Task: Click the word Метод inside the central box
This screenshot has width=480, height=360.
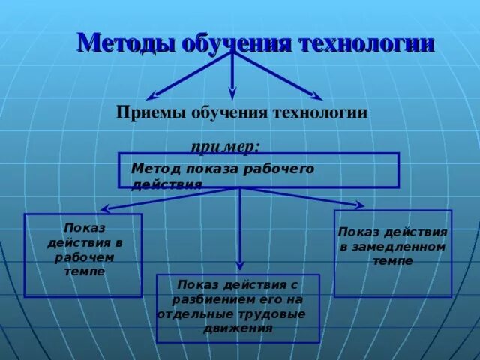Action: tap(152, 169)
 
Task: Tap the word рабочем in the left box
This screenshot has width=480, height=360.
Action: tap(82, 257)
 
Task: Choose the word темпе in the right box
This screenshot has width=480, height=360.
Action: tap(392, 261)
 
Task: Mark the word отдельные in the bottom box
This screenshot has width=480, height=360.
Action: tap(189, 313)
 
